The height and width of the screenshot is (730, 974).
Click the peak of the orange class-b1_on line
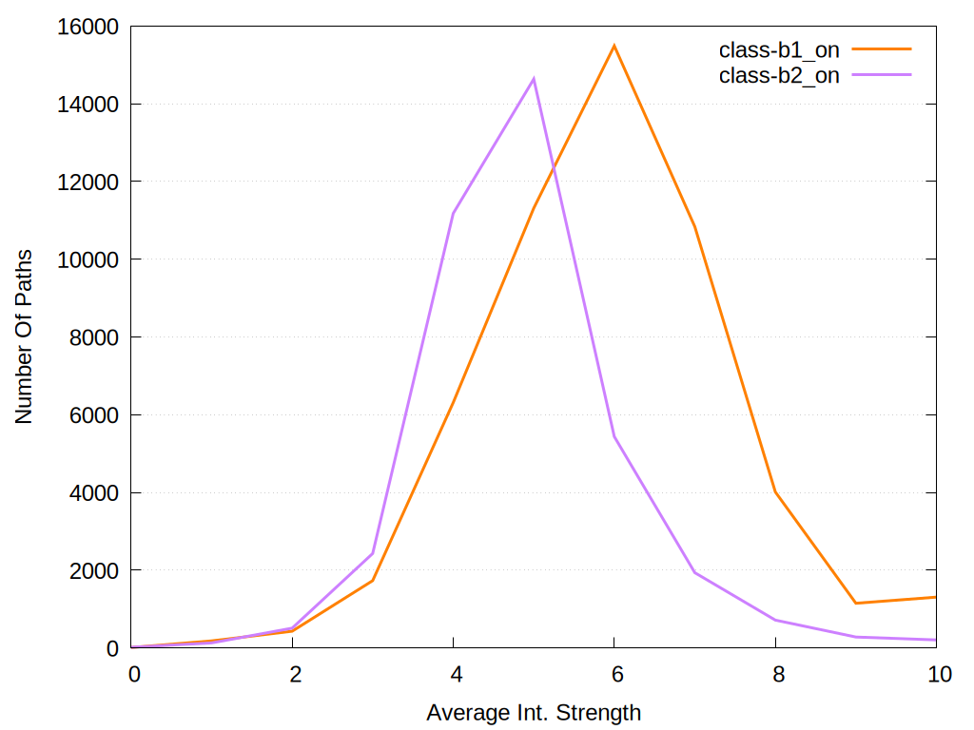click(x=614, y=46)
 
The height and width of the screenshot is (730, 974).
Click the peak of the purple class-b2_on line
click(x=534, y=78)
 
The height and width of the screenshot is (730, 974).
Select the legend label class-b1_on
click(x=779, y=51)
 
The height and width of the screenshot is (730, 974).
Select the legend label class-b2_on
click(x=779, y=76)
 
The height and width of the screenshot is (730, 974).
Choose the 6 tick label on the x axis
click(x=616, y=675)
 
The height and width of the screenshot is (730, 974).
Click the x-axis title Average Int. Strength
click(x=534, y=713)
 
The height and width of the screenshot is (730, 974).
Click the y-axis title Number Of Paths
click(x=24, y=336)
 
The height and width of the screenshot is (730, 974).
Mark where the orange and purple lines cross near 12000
click(x=552, y=169)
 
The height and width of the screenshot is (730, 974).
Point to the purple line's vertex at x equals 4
click(x=454, y=213)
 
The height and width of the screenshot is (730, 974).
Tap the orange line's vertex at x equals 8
click(x=775, y=491)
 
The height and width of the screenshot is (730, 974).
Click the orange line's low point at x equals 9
click(x=856, y=603)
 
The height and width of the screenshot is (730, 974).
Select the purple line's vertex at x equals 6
click(x=614, y=436)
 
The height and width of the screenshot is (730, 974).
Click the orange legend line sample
click(x=882, y=48)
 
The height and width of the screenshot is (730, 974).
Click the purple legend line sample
click(x=882, y=73)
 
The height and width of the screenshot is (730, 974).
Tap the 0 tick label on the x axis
click(x=134, y=675)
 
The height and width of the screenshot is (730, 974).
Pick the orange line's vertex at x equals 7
click(x=695, y=226)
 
